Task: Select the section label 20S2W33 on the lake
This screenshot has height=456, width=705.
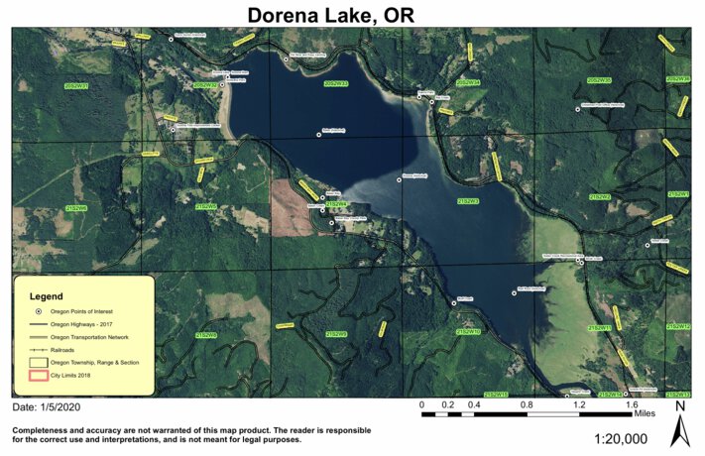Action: point(336,84)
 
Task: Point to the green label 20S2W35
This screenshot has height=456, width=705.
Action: point(599,79)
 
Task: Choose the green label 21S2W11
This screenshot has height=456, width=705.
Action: point(601,326)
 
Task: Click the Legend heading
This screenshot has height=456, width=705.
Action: point(47,296)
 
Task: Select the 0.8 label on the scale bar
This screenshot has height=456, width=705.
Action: point(526,405)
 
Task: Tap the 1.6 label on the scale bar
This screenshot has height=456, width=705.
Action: point(631,405)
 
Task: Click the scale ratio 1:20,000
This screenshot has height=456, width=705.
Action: point(621,438)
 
